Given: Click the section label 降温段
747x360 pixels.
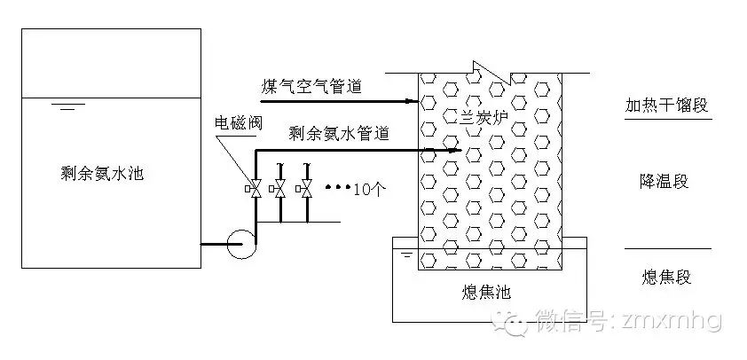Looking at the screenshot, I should click(x=664, y=182).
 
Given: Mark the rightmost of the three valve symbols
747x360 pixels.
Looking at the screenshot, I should click(x=306, y=189).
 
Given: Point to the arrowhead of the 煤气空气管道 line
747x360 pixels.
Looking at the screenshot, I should click(x=413, y=101).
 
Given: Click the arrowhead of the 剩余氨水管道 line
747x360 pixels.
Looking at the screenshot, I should click(x=458, y=150).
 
